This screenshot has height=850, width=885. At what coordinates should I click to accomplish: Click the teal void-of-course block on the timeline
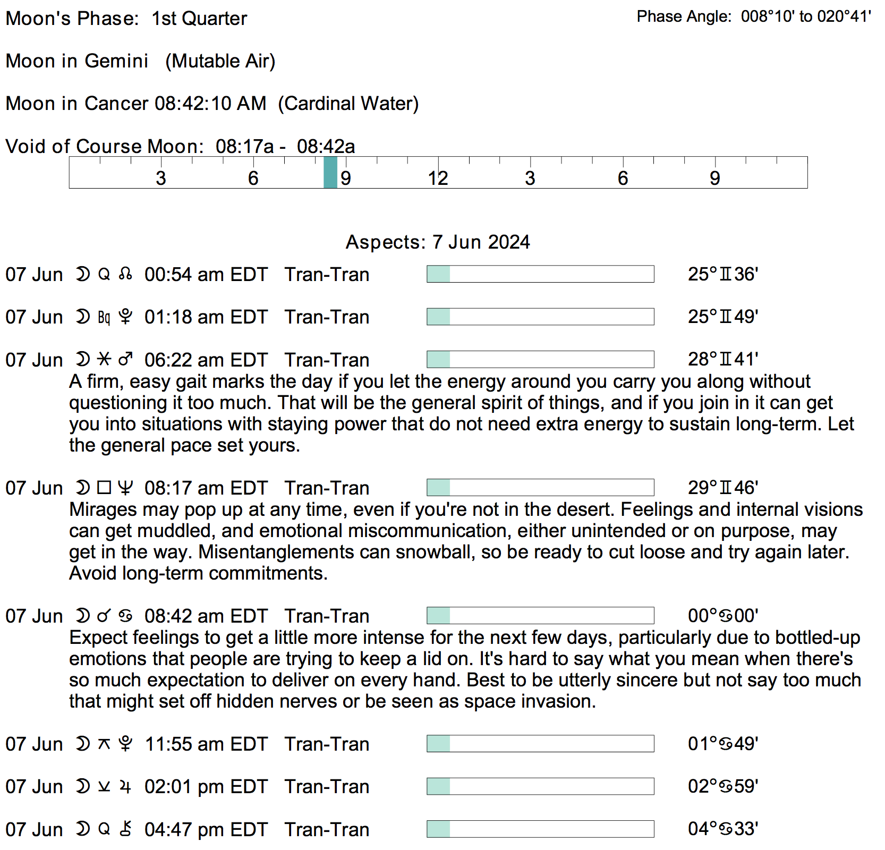pyautogui.click(x=330, y=173)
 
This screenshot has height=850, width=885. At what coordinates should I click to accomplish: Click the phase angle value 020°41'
pyautogui.click(x=844, y=17)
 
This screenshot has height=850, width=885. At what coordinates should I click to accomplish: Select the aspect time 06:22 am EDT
pyautogui.click(x=206, y=360)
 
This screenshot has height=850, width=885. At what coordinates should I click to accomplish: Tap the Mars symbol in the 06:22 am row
pyautogui.click(x=125, y=360)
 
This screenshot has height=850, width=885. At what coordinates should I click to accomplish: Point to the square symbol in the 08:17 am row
pyautogui.click(x=104, y=488)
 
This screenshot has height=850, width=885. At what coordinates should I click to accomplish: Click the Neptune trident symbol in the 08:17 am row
pyautogui.click(x=125, y=488)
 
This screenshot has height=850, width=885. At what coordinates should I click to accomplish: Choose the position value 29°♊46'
pyautogui.click(x=722, y=488)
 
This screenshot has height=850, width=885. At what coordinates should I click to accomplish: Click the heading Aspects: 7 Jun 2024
pyautogui.click(x=438, y=242)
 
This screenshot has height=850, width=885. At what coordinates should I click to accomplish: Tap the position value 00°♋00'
pyautogui.click(x=722, y=616)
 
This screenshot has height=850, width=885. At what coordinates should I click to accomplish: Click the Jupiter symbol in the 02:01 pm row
pyautogui.click(x=125, y=786)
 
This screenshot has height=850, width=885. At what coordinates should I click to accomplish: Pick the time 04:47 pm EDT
pyautogui.click(x=206, y=829)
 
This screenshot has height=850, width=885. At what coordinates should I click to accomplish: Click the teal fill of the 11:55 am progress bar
pyautogui.click(x=439, y=744)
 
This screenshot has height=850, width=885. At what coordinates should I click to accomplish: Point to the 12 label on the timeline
pyautogui.click(x=438, y=178)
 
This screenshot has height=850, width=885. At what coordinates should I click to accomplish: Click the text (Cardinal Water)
pyautogui.click(x=348, y=104)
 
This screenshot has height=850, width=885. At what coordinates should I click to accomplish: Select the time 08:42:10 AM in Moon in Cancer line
pyautogui.click(x=210, y=104)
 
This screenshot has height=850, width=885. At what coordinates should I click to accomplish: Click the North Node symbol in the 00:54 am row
pyautogui.click(x=125, y=274)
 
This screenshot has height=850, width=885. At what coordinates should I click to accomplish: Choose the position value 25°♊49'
pyautogui.click(x=722, y=317)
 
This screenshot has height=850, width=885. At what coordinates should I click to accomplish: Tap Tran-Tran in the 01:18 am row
pyautogui.click(x=327, y=317)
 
